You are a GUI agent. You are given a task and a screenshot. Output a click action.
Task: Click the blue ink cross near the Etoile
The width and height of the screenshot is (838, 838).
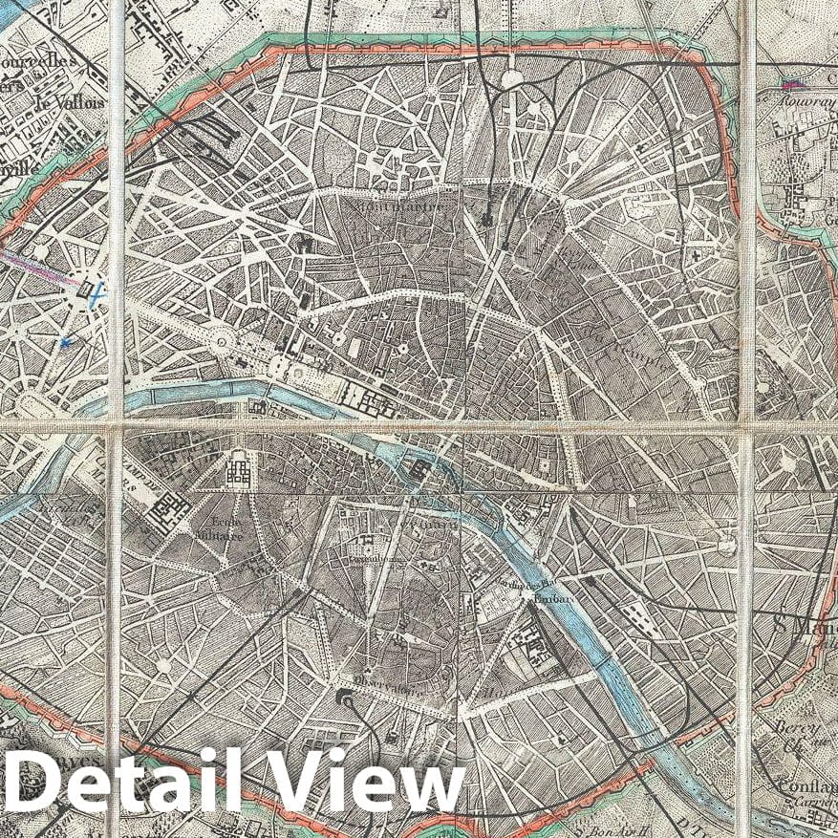[97, 294]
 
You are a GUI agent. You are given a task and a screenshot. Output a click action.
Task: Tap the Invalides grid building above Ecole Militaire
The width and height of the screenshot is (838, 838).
[237, 468]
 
